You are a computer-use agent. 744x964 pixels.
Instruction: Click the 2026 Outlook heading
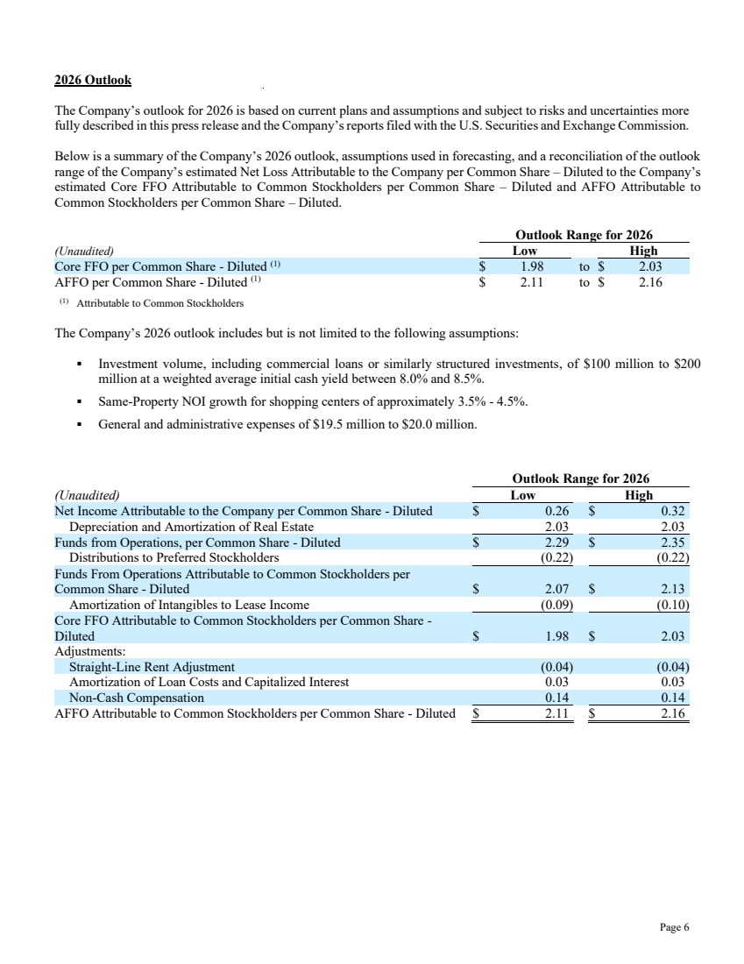tap(92, 80)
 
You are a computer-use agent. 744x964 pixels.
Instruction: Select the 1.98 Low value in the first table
tap(528, 266)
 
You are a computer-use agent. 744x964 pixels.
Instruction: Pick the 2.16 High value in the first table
tap(650, 282)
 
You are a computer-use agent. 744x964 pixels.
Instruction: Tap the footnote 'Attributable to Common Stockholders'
tap(160, 303)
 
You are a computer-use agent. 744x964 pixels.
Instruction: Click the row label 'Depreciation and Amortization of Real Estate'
tap(191, 527)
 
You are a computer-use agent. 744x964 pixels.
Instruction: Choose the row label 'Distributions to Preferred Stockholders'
tap(174, 557)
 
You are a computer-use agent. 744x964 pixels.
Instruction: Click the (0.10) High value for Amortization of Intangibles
tap(673, 605)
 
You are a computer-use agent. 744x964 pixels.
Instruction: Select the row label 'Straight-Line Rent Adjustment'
tap(152, 667)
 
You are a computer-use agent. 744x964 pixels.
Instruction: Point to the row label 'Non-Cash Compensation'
tap(136, 698)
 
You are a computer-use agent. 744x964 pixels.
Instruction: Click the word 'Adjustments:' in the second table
tap(90, 651)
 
